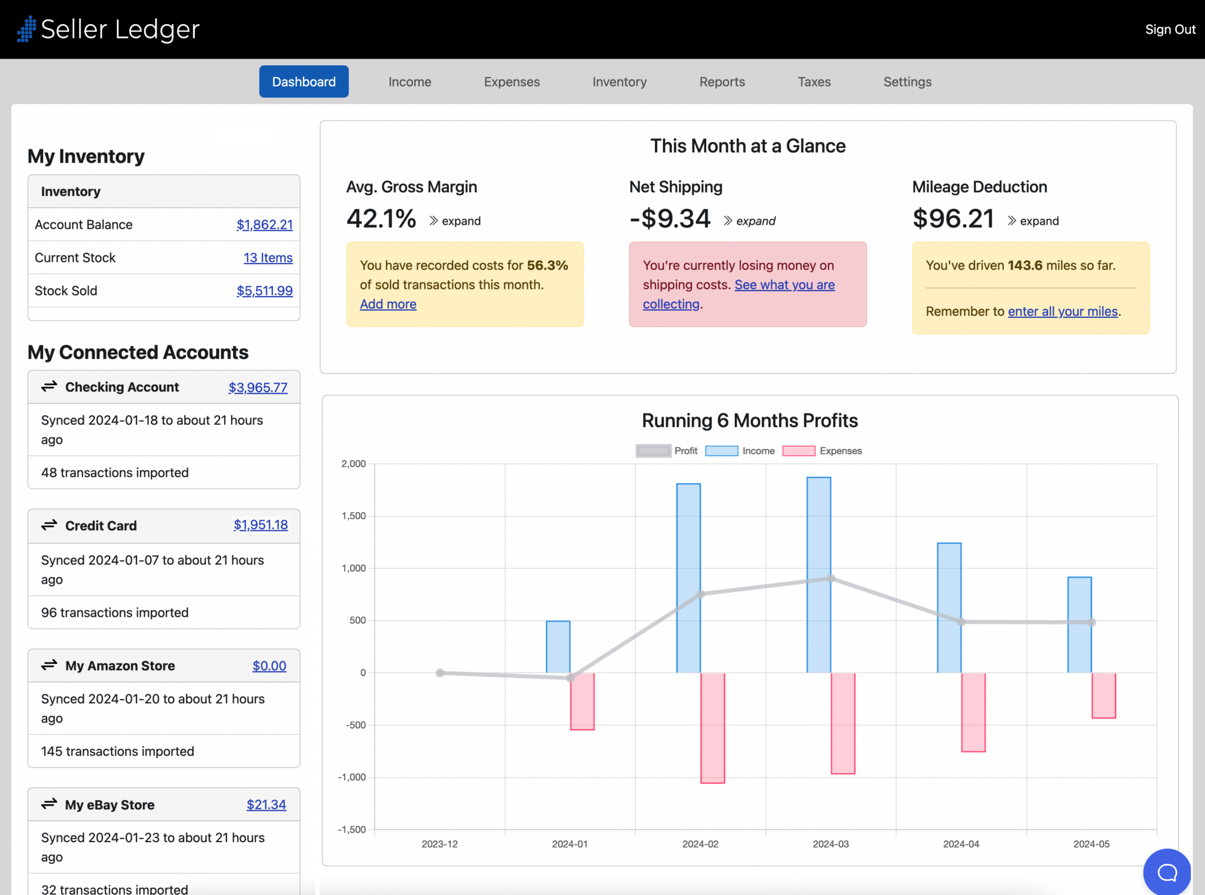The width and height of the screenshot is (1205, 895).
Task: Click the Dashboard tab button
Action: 304,82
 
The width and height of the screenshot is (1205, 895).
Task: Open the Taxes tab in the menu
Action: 814,82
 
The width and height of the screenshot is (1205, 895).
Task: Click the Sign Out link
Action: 1170,29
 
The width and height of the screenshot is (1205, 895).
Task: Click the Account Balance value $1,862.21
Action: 264,225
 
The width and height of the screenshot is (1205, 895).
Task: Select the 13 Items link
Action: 268,258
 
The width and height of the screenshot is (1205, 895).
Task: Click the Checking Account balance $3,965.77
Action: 258,388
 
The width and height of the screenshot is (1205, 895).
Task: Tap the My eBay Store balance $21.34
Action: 266,804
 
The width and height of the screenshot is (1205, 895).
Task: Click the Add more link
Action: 388,304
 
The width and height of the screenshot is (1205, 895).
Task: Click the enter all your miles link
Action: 1062,311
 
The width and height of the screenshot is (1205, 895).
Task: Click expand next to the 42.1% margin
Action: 455,221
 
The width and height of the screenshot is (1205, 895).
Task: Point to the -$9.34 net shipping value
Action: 670,219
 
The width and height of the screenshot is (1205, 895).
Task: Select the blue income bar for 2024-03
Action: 818,574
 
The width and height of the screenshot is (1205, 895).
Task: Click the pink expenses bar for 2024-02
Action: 713,727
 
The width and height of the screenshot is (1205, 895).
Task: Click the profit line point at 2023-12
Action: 440,673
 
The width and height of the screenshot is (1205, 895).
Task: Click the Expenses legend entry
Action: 822,451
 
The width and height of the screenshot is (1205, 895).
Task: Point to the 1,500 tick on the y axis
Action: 354,516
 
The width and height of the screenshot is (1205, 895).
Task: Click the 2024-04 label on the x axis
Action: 961,844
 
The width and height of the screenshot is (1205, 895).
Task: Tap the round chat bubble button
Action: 1167,872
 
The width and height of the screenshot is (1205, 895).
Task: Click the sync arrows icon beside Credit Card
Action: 49,525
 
